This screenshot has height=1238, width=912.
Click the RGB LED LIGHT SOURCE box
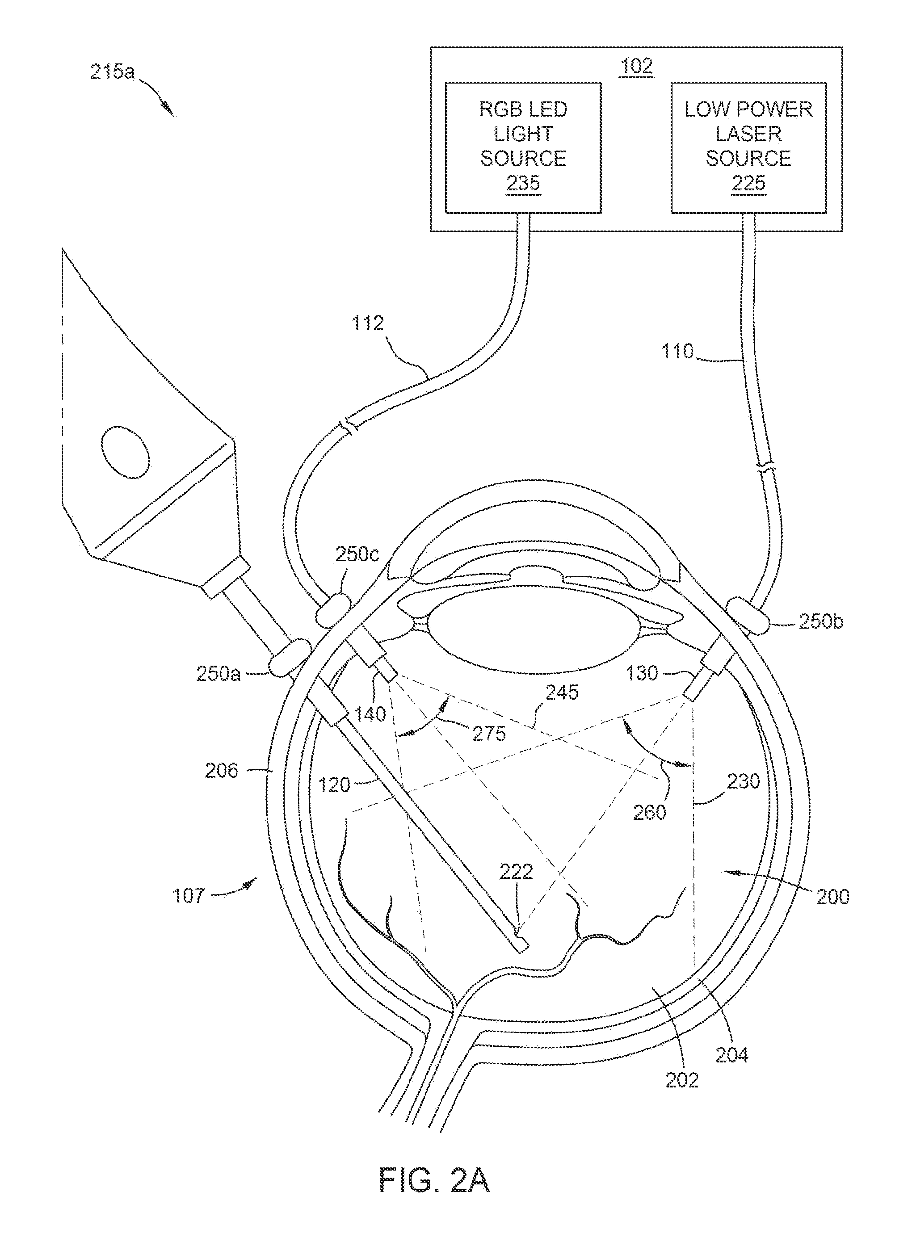point(523,147)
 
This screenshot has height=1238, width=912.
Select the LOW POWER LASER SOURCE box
point(748,147)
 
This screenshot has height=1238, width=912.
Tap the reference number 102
point(636,66)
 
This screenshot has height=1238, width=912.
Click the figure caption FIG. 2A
point(434,1181)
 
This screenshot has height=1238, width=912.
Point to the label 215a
point(112,72)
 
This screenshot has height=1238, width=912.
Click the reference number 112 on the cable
point(368,323)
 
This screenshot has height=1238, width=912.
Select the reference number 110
point(677,351)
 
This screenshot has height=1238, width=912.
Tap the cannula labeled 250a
point(290,656)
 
